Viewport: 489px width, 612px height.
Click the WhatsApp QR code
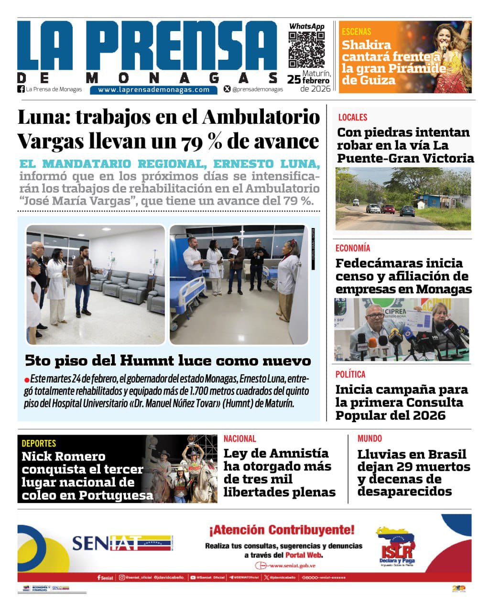click(x=306, y=50)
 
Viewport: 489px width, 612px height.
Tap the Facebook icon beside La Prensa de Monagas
click(x=21, y=89)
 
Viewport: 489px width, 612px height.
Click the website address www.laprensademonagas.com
click(x=154, y=89)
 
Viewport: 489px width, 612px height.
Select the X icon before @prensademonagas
click(x=227, y=89)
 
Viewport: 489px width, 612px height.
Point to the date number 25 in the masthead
click(x=293, y=80)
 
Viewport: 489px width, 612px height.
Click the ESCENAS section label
click(x=356, y=32)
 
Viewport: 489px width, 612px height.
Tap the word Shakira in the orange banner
click(x=366, y=45)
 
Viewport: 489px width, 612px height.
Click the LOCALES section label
click(x=353, y=117)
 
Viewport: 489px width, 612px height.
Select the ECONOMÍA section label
click(x=353, y=248)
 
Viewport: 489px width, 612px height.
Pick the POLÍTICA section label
click(x=350, y=374)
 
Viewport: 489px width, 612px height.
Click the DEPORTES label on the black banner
click(x=39, y=443)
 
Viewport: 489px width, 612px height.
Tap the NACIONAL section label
click(x=240, y=438)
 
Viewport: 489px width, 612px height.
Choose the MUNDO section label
click(x=369, y=438)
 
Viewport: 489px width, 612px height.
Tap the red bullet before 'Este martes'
click(x=27, y=380)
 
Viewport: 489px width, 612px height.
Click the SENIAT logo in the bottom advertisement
click(x=121, y=543)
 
